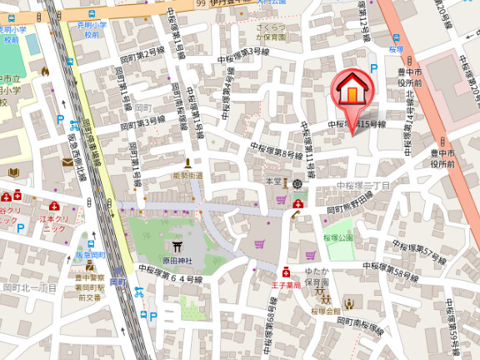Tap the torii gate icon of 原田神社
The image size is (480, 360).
click(x=178, y=247)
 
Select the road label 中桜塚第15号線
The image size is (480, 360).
click(x=357, y=124)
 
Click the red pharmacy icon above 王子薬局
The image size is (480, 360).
click(x=286, y=272)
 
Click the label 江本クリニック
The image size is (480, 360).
click(x=56, y=223)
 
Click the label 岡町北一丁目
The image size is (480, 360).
click(x=30, y=287)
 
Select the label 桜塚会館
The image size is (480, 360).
click(x=327, y=310)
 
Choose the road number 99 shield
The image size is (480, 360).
click(x=201, y=4)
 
